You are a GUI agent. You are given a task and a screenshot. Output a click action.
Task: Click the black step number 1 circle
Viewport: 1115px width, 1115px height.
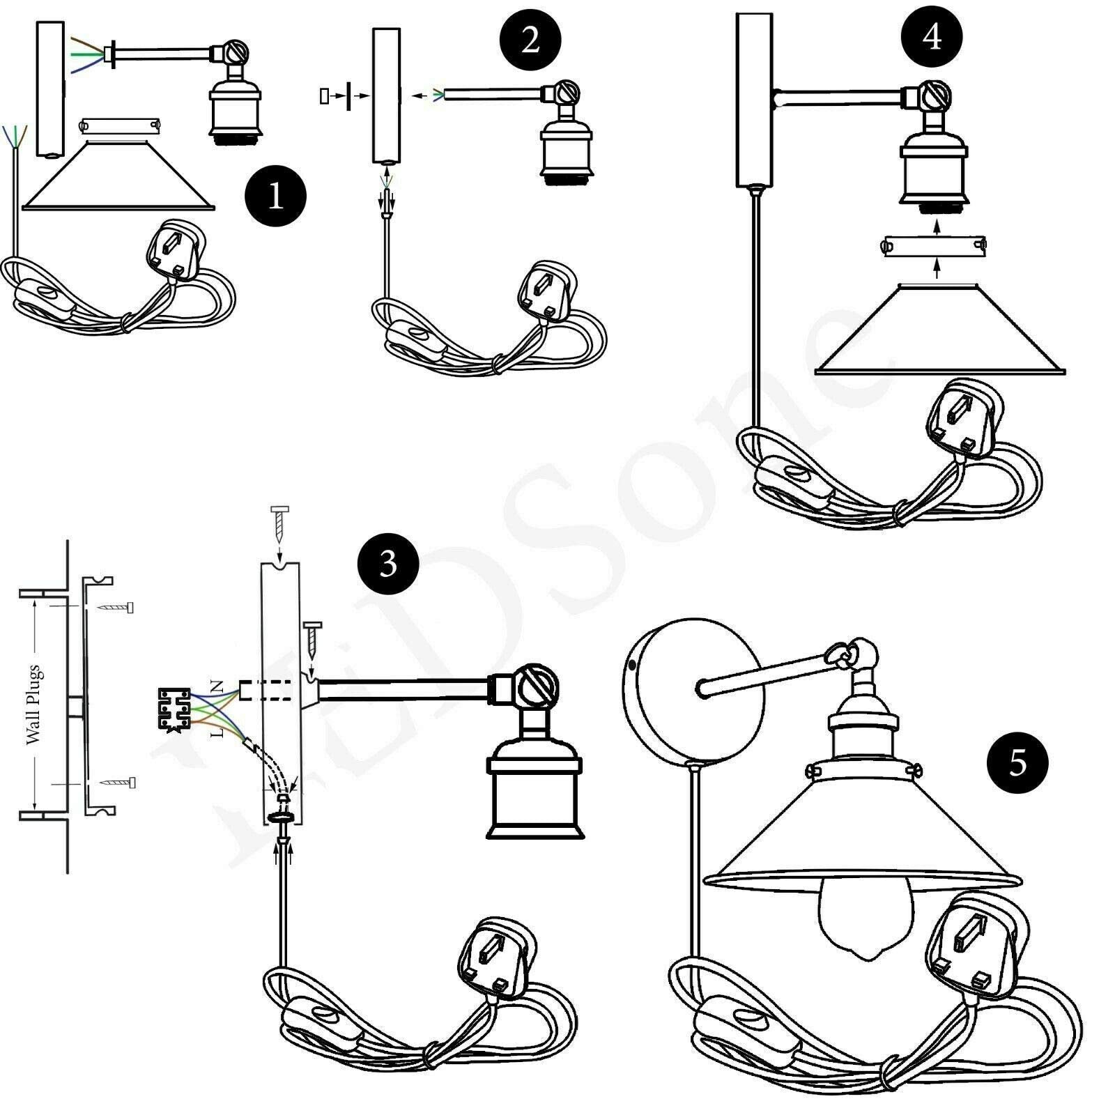coord(275,197)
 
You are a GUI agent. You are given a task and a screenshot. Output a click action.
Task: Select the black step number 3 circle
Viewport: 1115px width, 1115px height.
coord(388,564)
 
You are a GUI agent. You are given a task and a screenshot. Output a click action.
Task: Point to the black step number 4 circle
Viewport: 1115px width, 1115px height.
coord(932,37)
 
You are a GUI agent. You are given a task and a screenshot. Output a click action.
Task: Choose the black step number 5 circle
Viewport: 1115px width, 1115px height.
coord(1017,763)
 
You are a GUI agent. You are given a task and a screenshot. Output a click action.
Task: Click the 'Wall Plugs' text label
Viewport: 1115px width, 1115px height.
coord(33,705)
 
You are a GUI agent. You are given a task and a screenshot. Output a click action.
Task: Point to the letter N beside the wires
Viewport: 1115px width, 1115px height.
coord(217,686)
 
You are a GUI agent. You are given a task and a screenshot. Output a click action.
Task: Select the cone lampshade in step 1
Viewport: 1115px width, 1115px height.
coord(120,174)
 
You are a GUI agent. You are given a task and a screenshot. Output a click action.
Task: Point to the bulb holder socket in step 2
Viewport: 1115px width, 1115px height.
coord(565,157)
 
